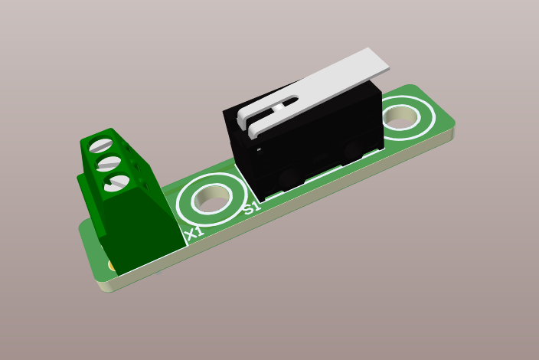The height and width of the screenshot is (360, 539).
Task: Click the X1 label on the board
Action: (x=194, y=232)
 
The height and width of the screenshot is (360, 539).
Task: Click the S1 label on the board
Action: (x=252, y=206)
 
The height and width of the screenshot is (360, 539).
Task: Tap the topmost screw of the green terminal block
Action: (x=100, y=145)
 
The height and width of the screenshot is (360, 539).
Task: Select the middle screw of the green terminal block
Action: (x=108, y=162)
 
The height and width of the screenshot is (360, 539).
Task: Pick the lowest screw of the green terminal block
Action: (x=116, y=182)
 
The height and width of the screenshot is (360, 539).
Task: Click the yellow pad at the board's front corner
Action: (x=112, y=266)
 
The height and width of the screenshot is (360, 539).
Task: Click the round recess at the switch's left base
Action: (x=289, y=178)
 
